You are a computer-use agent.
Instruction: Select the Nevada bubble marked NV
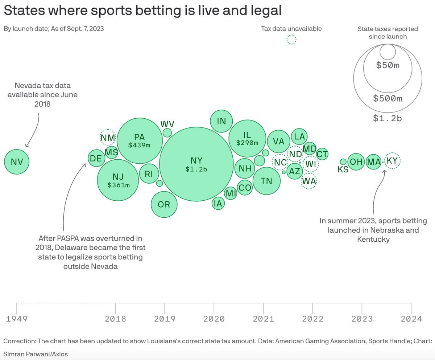point(17,162)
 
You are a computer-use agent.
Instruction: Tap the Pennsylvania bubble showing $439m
point(139,141)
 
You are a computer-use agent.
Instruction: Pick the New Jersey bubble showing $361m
point(118,180)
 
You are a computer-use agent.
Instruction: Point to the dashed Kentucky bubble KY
point(392,160)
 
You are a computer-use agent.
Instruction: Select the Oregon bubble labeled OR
point(164,204)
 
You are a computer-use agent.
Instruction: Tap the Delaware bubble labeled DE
point(96,158)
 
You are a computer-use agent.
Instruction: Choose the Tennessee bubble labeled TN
point(266,181)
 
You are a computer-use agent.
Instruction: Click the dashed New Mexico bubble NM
point(108,138)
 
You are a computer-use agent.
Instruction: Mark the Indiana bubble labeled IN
point(221,121)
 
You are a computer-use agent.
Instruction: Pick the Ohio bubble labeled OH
point(356,162)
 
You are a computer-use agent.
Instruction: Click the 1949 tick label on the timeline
point(17,319)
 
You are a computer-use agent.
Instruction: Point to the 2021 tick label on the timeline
point(263,319)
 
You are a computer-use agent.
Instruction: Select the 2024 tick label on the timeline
point(411,319)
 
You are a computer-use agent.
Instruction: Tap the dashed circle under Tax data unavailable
point(291,40)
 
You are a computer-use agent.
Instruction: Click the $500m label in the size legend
point(388,98)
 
